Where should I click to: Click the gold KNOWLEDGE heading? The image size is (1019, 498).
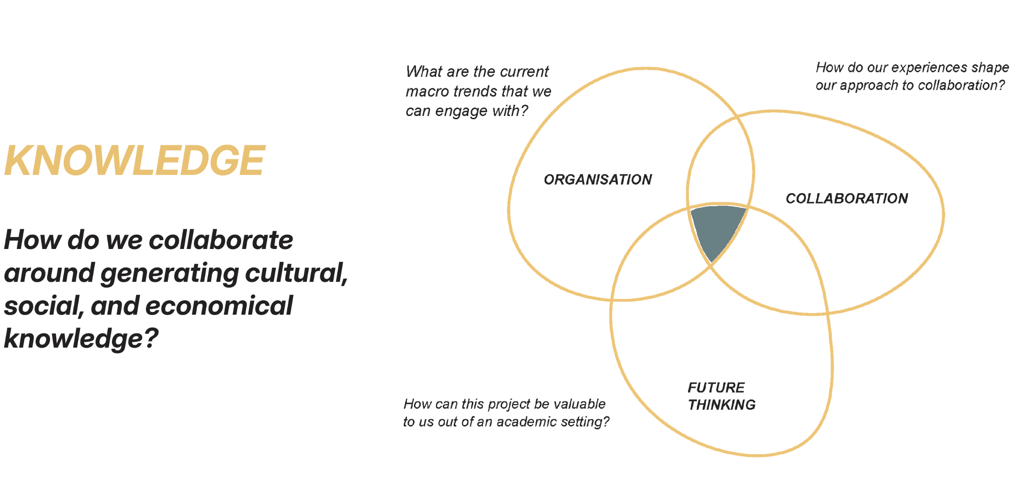pyautogui.click(x=134, y=161)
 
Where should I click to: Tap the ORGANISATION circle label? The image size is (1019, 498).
pyautogui.click(x=598, y=179)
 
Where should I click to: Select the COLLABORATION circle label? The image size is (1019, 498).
pyautogui.click(x=847, y=198)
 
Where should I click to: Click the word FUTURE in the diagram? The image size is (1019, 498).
pyautogui.click(x=716, y=387)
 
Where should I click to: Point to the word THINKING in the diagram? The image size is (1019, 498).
pyautogui.click(x=721, y=405)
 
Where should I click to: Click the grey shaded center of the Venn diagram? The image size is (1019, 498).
pyautogui.click(x=717, y=228)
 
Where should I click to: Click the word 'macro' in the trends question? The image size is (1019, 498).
pyautogui.click(x=427, y=91)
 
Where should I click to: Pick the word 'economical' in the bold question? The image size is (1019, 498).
pyautogui.click(x=219, y=306)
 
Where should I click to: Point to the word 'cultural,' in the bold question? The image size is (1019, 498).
pyautogui.click(x=296, y=273)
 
